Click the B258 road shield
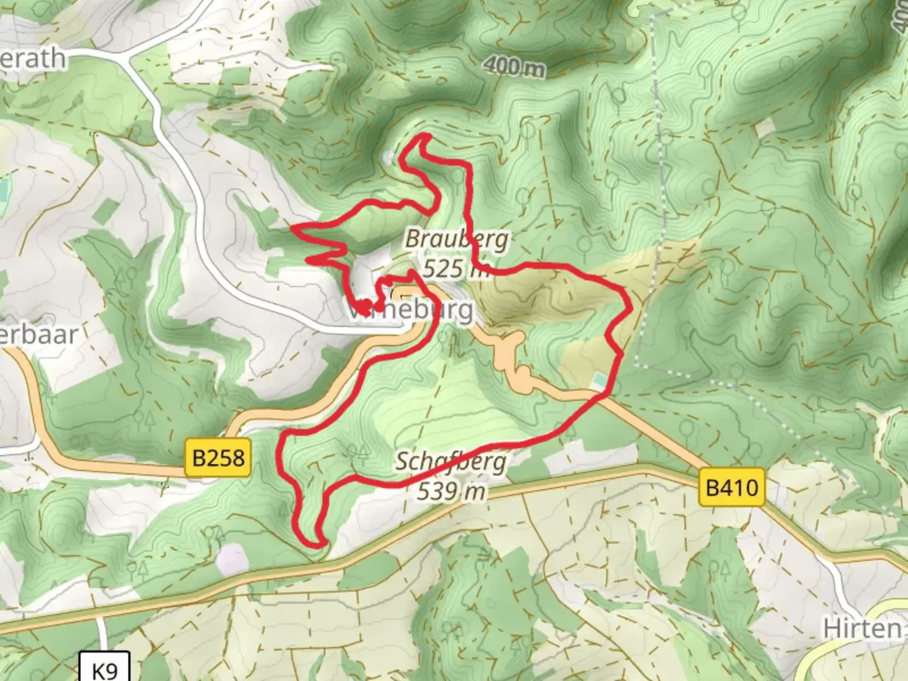(x=218, y=457)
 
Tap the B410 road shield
(x=731, y=487)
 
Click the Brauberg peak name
(x=457, y=240)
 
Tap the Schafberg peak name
(x=451, y=462)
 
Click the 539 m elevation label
(x=451, y=491)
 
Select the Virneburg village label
(x=410, y=310)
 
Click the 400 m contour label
(x=514, y=66)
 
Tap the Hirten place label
(x=862, y=628)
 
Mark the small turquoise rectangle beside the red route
(x=600, y=380)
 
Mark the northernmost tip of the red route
(x=424, y=136)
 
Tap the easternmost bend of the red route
(x=630, y=306)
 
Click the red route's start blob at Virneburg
(x=364, y=308)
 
